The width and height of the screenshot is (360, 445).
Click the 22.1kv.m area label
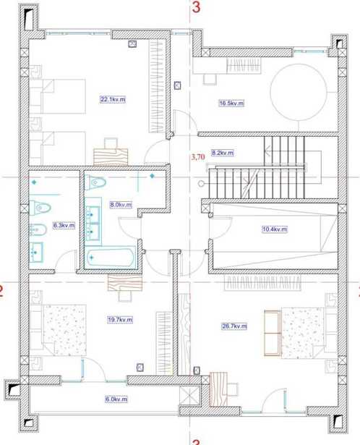(113, 100)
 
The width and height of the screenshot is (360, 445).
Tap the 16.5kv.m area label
(231, 103)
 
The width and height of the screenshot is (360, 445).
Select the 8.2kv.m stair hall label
(223, 153)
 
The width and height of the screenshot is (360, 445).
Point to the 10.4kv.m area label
(275, 229)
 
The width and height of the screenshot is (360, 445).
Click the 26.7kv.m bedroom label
(234, 326)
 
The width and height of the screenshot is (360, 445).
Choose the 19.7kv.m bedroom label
(120, 320)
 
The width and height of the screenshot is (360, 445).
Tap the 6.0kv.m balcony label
(116, 399)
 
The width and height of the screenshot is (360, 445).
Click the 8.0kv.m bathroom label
(121, 204)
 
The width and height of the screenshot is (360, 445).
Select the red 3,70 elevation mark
(198, 157)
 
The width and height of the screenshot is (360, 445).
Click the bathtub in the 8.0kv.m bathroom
(111, 258)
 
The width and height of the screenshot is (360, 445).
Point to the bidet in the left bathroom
(38, 229)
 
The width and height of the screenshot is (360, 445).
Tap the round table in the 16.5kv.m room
(299, 92)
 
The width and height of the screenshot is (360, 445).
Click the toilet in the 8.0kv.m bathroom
(95, 182)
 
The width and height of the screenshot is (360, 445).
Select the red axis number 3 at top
(196, 7)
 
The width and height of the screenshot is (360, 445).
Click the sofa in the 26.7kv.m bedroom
(272, 333)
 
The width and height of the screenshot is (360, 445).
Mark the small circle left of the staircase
(201, 184)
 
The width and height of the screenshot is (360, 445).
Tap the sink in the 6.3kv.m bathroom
(36, 252)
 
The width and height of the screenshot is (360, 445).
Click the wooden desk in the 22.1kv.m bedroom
(111, 157)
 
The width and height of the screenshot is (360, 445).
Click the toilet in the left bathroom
(40, 208)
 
